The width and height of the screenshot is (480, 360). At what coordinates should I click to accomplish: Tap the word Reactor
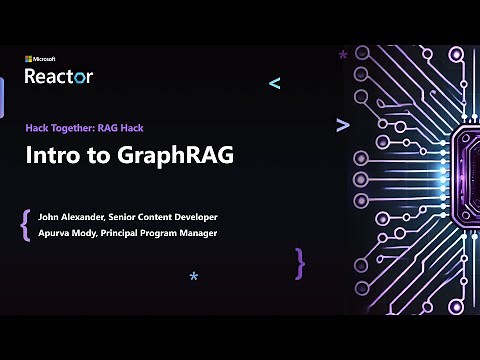[x=59, y=75]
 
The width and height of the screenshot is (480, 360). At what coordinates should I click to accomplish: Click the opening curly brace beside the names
[x=24, y=225]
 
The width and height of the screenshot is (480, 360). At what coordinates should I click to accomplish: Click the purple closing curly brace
[x=299, y=263]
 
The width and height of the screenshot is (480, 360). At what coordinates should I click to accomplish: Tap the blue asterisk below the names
[x=194, y=277]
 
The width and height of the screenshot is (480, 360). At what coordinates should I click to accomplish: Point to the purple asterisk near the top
[x=343, y=56]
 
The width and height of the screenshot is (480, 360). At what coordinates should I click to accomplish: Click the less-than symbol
[x=275, y=84]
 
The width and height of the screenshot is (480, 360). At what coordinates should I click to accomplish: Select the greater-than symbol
[x=342, y=125]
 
